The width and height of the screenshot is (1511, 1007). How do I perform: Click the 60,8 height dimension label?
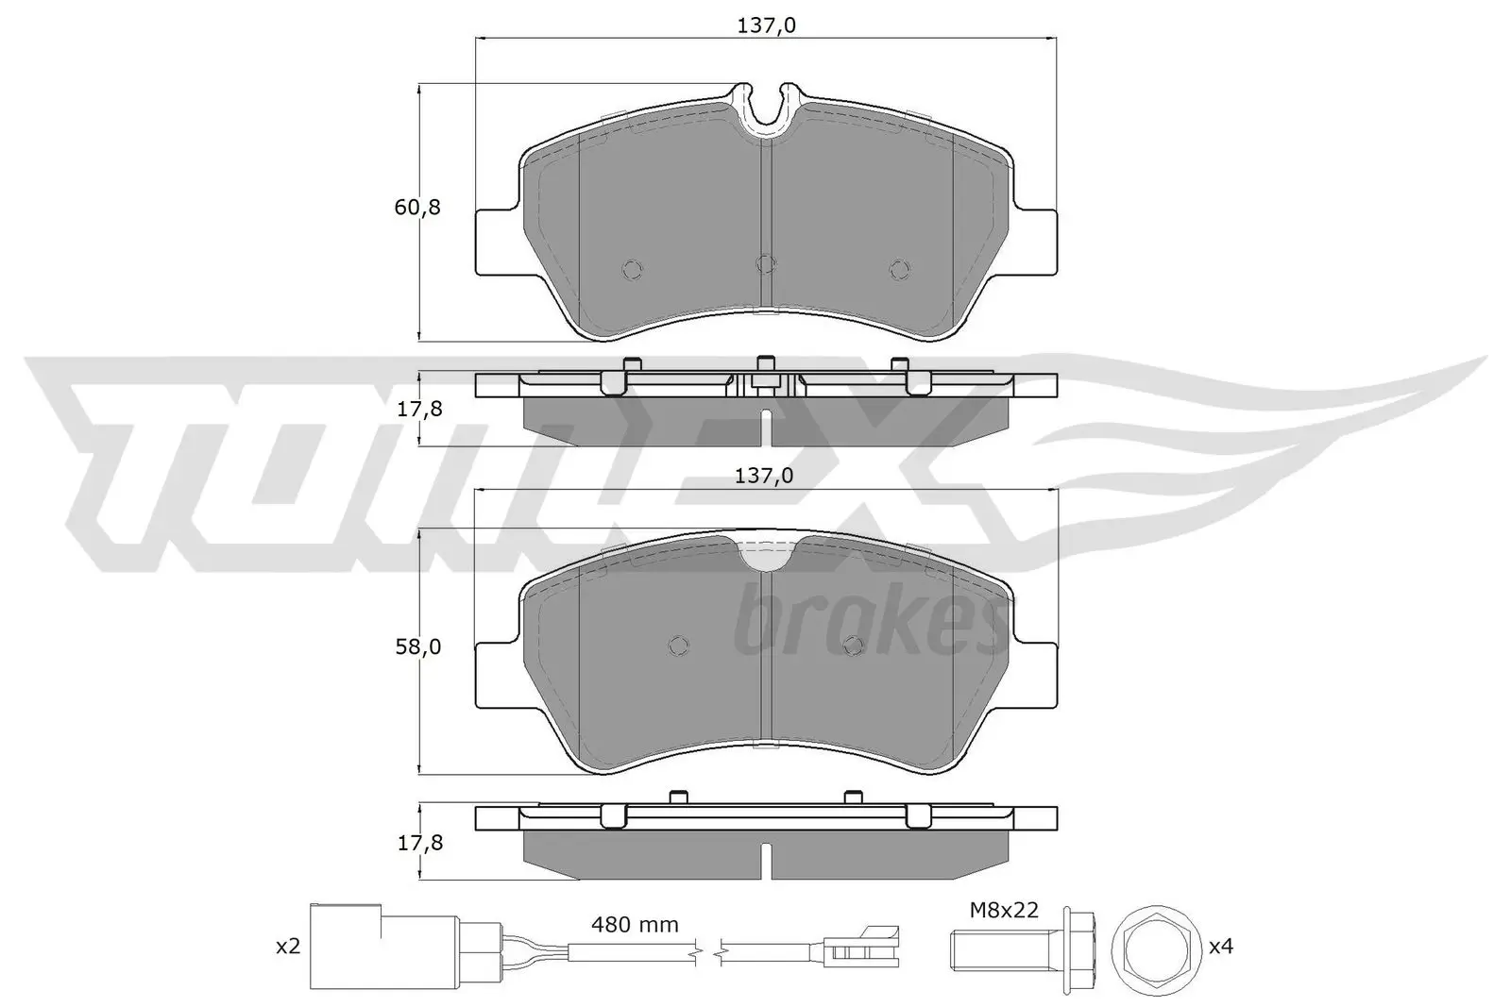417,208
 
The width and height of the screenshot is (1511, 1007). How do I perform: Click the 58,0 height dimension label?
417,647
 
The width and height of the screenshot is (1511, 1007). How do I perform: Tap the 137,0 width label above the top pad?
766,26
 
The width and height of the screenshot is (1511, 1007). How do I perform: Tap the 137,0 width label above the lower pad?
764,477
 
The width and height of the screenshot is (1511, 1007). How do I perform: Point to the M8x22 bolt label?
1005,911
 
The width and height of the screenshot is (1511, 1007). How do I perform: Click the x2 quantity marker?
286,946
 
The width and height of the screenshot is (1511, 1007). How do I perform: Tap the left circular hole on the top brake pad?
633,270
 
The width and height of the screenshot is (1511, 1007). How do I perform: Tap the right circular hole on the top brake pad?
899,270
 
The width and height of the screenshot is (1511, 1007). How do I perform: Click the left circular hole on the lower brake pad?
677,645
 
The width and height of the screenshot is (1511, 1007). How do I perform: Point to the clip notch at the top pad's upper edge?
766,106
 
